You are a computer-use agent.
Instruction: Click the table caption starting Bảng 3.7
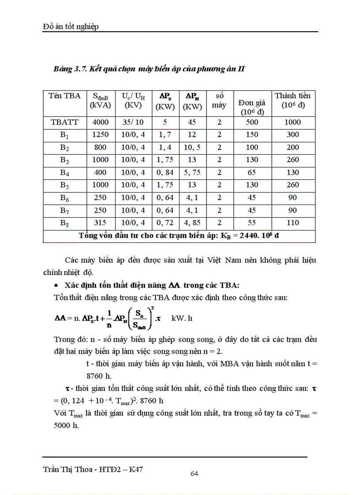coord(149,69)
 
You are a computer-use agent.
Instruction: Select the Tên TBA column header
coord(65,96)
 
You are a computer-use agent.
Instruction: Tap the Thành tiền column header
coord(292,100)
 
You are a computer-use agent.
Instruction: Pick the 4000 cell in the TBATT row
coord(101,122)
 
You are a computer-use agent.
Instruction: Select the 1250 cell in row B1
coord(101,134)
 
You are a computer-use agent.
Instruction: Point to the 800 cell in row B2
coord(101,147)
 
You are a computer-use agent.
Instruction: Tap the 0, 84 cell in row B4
coord(165,172)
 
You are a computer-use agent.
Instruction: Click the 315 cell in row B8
coord(101,223)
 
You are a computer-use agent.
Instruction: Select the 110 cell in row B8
coord(292,223)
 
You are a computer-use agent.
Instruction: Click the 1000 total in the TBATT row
coord(292,122)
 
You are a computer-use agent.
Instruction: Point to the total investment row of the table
coord(179,235)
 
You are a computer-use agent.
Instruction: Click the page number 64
coord(194,474)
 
